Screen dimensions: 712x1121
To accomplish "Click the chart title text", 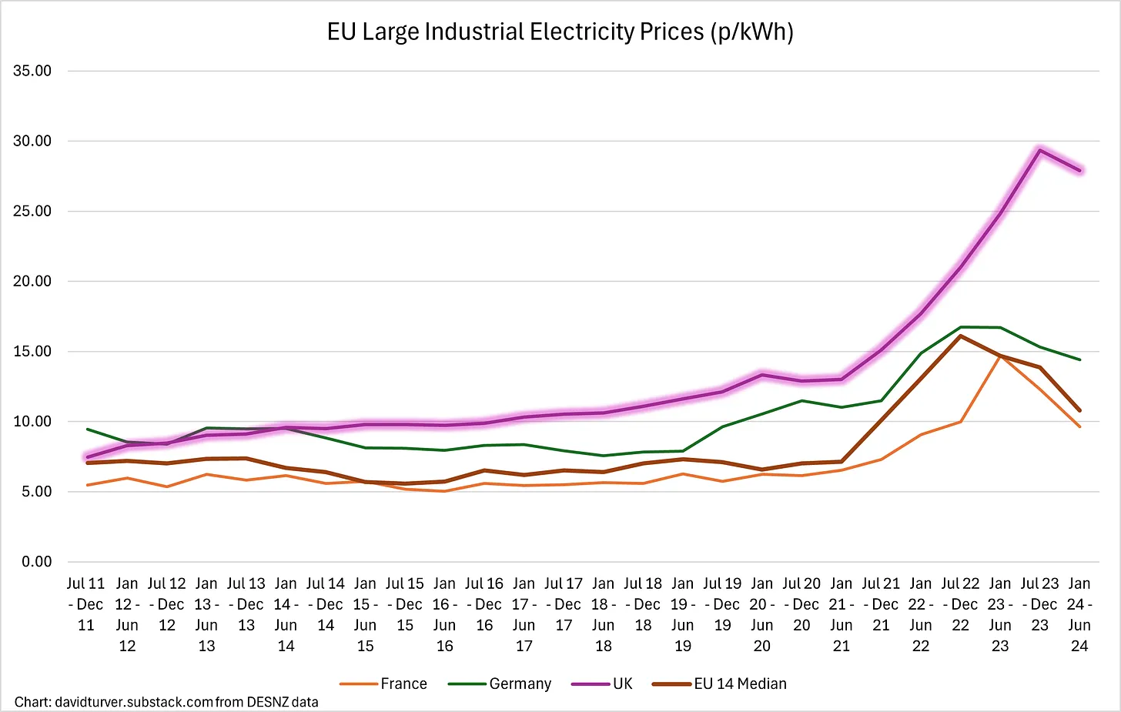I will coord(560,32).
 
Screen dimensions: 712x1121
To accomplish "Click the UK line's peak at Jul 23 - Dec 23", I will coord(1039,150).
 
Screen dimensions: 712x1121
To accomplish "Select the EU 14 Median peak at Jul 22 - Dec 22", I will coord(960,336).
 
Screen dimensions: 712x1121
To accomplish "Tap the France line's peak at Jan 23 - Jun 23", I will coord(1000,356).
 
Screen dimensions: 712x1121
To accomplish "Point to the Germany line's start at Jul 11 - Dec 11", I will coord(87,429).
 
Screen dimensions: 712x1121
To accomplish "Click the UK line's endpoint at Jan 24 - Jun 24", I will coord(1079,170).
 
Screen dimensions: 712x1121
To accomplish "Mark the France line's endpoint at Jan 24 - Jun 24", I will coord(1079,426).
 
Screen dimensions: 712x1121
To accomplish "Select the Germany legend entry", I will coord(500,684).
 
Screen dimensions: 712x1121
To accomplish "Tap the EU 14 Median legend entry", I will coord(720,684).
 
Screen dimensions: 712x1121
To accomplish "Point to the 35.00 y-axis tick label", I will coord(32,71).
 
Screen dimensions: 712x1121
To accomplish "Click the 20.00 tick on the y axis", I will coord(32,281).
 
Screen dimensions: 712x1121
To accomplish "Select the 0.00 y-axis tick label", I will coord(36,562).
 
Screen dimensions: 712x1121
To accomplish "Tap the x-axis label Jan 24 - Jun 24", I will coord(1079,614).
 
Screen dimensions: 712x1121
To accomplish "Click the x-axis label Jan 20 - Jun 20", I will coord(761,614).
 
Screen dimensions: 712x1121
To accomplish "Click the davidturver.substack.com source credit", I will coord(166,702).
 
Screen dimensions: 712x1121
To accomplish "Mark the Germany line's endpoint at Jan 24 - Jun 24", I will coord(1079,359).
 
